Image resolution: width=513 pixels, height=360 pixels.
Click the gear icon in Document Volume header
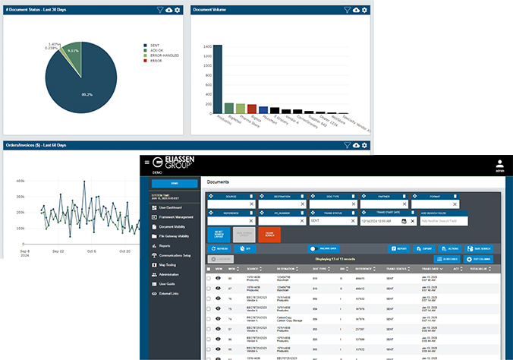[x=365, y=10]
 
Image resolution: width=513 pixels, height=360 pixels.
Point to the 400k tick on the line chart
[x=20, y=182]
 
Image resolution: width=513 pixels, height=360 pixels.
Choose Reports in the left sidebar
[x=165, y=246]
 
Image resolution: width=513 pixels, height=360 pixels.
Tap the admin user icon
[x=499, y=163]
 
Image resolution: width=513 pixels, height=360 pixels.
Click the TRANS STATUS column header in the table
[x=397, y=269]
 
